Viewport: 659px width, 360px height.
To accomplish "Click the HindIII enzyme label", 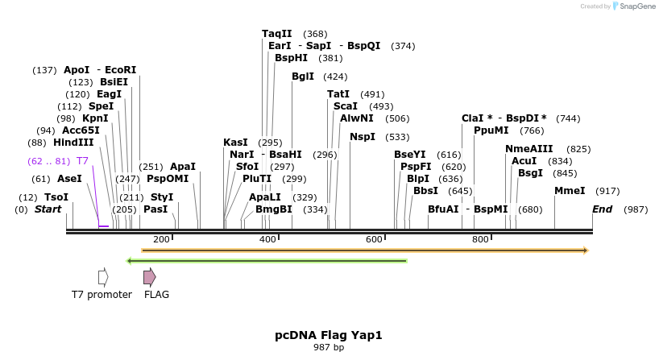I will (x=73, y=143).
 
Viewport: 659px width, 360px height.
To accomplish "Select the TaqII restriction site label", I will (x=278, y=34).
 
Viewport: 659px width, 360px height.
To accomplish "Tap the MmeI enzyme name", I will (x=570, y=191).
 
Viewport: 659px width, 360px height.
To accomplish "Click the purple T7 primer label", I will (x=82, y=161).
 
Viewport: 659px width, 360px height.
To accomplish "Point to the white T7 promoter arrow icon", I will (x=103, y=277).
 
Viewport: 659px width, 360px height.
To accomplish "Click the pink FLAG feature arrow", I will (x=149, y=277).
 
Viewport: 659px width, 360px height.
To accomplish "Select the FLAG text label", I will (x=156, y=295).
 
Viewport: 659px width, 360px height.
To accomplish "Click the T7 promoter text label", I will (x=102, y=295).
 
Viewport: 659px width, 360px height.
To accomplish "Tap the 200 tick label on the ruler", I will (x=161, y=239).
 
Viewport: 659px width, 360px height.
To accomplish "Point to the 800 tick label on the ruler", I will (x=480, y=239).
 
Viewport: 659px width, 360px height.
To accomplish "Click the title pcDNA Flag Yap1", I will (x=329, y=335).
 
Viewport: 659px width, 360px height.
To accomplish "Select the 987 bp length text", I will (x=329, y=348).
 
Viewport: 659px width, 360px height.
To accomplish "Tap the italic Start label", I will (x=48, y=209).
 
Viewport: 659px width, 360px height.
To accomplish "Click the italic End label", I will (x=602, y=209).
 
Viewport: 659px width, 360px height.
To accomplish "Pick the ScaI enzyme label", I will (x=346, y=106).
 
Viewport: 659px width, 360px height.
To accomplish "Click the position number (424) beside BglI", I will (x=335, y=77).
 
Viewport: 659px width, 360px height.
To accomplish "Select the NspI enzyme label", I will (x=363, y=137).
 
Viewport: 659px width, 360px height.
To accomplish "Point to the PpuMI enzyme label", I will (x=491, y=130).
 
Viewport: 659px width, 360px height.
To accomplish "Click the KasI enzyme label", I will (x=236, y=143).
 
